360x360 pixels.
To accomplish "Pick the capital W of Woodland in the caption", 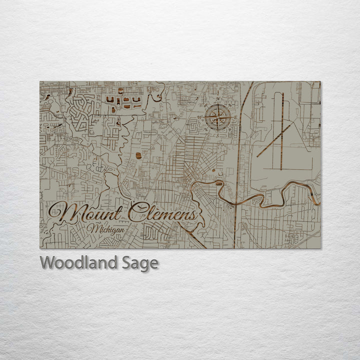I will [47, 262].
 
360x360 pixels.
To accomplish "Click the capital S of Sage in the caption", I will [127, 262].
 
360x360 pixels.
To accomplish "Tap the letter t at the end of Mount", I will [118, 213].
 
